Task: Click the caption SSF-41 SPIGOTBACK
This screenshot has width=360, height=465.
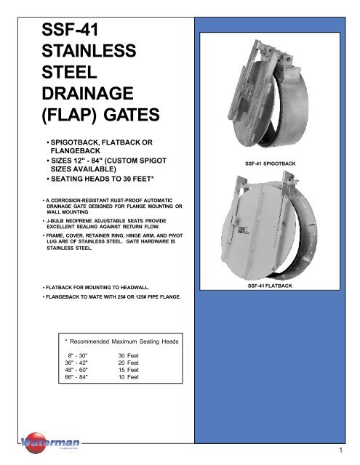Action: (280, 164)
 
